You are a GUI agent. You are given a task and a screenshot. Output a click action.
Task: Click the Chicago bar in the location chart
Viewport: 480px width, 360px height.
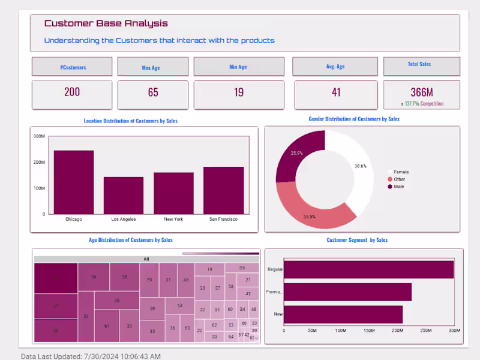click(74, 182)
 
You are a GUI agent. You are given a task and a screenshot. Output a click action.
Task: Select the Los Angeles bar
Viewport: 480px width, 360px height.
click(124, 195)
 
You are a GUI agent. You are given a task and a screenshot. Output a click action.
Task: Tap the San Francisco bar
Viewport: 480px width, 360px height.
click(223, 190)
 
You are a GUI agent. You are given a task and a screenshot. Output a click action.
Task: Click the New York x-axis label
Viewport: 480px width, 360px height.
click(173, 220)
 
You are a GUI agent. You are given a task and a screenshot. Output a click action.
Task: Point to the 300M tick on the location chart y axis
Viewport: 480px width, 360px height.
click(39, 137)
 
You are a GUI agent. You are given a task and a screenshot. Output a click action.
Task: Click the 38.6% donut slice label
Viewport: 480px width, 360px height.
click(361, 166)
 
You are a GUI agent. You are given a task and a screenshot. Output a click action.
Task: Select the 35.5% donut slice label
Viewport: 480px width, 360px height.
click(310, 217)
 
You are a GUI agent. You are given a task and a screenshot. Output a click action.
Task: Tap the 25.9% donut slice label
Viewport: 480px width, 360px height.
click(296, 153)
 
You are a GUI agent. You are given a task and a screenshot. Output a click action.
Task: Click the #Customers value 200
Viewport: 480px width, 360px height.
click(72, 92)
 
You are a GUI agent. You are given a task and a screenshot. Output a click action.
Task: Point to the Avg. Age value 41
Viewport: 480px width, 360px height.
click(336, 92)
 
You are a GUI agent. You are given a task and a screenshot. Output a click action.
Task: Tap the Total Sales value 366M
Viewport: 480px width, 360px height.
click(422, 92)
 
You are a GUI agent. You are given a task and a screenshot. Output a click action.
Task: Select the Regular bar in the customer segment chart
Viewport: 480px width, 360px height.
click(368, 269)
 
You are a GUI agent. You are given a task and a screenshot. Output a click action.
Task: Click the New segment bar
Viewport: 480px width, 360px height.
click(343, 314)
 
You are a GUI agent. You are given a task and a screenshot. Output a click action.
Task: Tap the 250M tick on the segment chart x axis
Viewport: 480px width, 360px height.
click(425, 331)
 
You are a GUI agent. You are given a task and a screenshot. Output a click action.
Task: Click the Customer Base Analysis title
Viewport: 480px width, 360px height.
click(106, 23)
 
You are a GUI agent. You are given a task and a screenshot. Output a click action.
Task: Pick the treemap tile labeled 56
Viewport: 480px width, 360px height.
click(94, 277)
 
